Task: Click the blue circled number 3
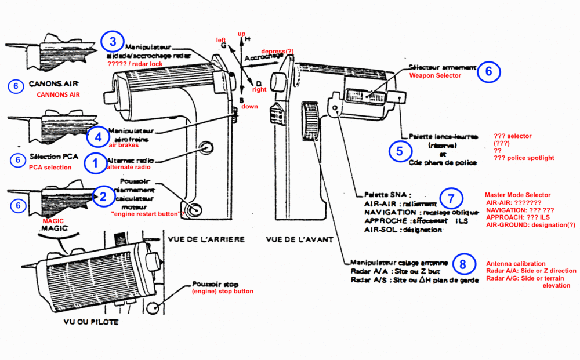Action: coord(113,41)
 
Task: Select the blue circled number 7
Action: coord(451,198)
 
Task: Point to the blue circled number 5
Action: coord(400,151)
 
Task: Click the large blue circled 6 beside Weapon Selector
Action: coord(488,71)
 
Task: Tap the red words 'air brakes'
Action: coord(122,146)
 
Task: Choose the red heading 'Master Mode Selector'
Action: coord(517,195)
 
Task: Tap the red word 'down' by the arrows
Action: coord(249,107)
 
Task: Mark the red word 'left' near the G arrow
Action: coord(221,40)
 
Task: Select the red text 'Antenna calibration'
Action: coord(515,263)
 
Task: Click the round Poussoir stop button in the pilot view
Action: coord(153,308)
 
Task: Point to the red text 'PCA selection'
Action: coord(50,168)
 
